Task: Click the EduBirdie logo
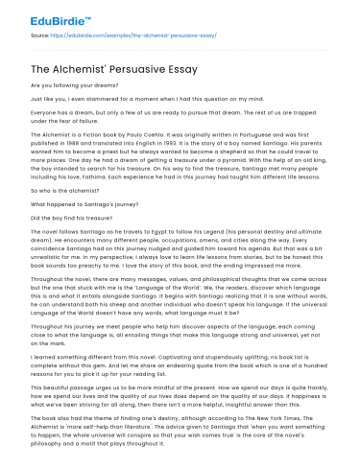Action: [44, 18]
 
